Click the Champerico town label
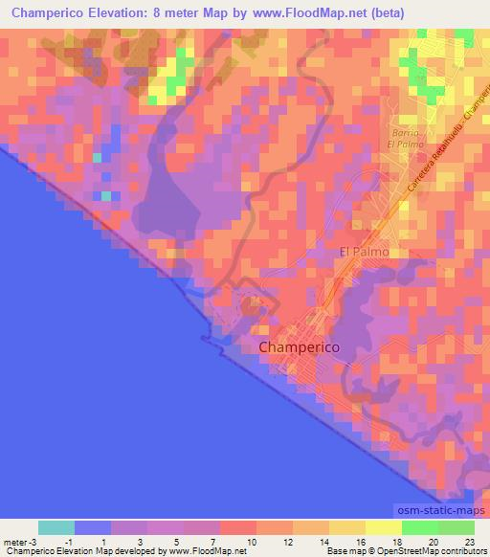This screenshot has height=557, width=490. [x=299, y=347]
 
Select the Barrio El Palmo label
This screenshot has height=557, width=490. [x=405, y=137]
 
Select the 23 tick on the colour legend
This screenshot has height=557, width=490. [x=469, y=542]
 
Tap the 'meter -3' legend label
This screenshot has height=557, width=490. [x=19, y=542]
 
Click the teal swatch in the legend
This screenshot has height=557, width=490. [x=56, y=527]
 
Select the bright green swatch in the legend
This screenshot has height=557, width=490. [x=419, y=527]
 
